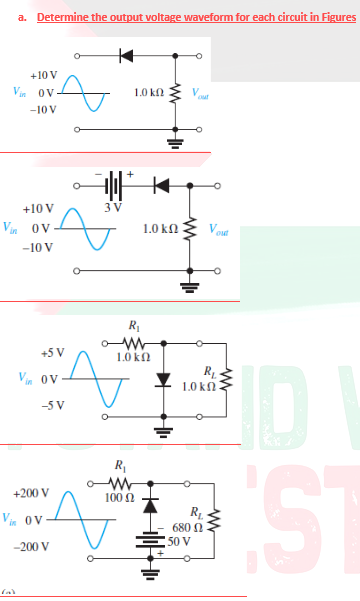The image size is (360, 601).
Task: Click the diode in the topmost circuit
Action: click(x=125, y=54)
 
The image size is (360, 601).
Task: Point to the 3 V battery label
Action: click(x=112, y=207)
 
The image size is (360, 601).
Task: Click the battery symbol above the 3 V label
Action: click(x=113, y=186)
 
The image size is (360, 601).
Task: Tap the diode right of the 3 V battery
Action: click(x=157, y=186)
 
